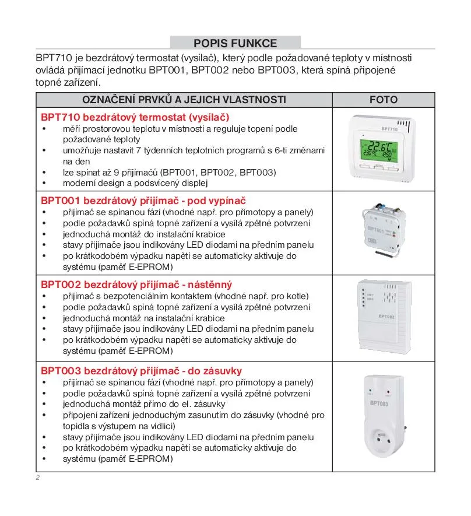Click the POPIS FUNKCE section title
[235, 43]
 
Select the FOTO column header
[383, 100]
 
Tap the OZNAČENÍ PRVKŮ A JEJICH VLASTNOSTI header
[184, 100]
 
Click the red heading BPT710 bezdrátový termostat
[135, 117]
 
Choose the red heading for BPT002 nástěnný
[136, 285]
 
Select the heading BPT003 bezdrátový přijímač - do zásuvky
[141, 371]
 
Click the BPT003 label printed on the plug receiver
[379, 403]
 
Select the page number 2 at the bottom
[38, 478]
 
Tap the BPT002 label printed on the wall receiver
[387, 317]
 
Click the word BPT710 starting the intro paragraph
[50, 59]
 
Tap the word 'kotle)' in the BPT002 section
[296, 296]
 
